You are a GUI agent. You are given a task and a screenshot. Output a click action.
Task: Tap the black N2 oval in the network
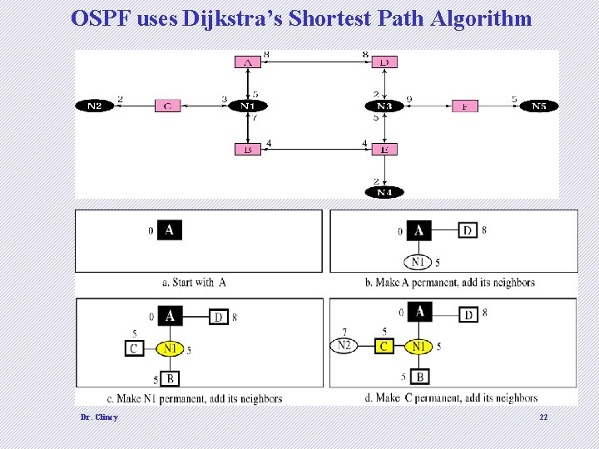(x=93, y=106)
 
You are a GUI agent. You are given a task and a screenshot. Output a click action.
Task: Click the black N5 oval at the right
(x=539, y=106)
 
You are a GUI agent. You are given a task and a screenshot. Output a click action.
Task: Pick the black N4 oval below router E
(x=384, y=192)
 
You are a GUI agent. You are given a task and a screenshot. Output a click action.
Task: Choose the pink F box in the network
(x=465, y=106)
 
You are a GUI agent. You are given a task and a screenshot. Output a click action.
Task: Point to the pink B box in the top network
(x=248, y=150)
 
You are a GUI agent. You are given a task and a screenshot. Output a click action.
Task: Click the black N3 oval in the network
(x=384, y=106)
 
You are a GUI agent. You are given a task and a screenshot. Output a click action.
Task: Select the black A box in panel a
(x=170, y=229)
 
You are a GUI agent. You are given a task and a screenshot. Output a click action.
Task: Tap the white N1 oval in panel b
(x=418, y=262)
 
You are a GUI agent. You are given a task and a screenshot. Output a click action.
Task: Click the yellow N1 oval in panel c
(x=170, y=349)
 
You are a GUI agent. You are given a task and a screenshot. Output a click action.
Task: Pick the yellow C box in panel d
(x=384, y=346)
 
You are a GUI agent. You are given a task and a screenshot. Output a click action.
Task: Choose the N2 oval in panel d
(x=344, y=346)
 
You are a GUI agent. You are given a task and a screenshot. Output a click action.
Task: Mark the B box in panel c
(x=170, y=379)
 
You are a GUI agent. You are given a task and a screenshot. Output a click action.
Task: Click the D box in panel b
(x=468, y=229)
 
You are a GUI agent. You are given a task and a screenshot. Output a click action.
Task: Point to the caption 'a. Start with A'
(x=194, y=283)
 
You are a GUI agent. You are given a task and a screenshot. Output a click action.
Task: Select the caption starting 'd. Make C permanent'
(x=451, y=398)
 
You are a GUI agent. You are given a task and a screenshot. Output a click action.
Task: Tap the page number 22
(x=543, y=417)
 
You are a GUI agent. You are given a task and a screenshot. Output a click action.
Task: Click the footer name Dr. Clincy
(x=99, y=417)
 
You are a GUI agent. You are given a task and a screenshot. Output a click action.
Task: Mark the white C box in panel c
(x=133, y=349)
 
